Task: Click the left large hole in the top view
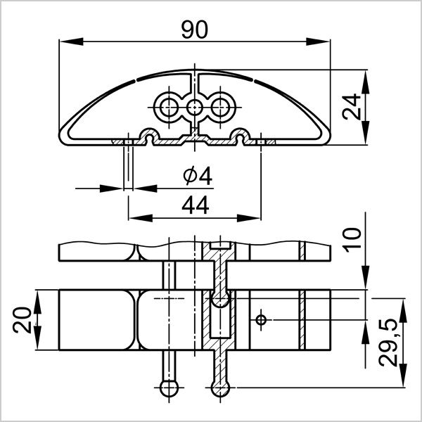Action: [168, 108]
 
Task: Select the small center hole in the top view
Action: [195, 108]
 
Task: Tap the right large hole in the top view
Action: [221, 108]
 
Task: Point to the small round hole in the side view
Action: [261, 321]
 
